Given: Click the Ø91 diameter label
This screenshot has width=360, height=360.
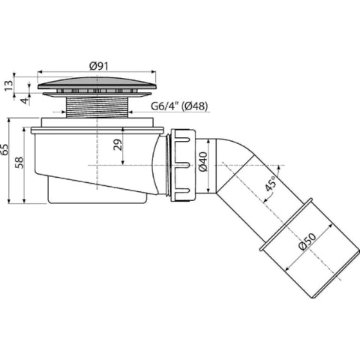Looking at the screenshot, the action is (x=99, y=66).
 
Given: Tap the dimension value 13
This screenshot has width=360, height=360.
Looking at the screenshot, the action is (x=8, y=85).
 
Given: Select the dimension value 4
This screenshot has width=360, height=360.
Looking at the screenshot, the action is (x=25, y=101).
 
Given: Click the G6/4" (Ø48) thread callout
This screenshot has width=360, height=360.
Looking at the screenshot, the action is (x=179, y=106).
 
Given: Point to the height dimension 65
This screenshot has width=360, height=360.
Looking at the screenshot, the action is (x=4, y=149).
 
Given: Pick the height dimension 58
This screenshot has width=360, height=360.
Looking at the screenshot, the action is (x=19, y=163).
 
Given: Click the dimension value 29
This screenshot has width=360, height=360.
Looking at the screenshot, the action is (x=118, y=145).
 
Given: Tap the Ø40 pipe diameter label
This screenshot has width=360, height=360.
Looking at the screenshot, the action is (x=203, y=161).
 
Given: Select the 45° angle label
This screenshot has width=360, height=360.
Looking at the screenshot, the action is (x=271, y=183).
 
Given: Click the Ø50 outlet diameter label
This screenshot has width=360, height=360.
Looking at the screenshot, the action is (x=307, y=241).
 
